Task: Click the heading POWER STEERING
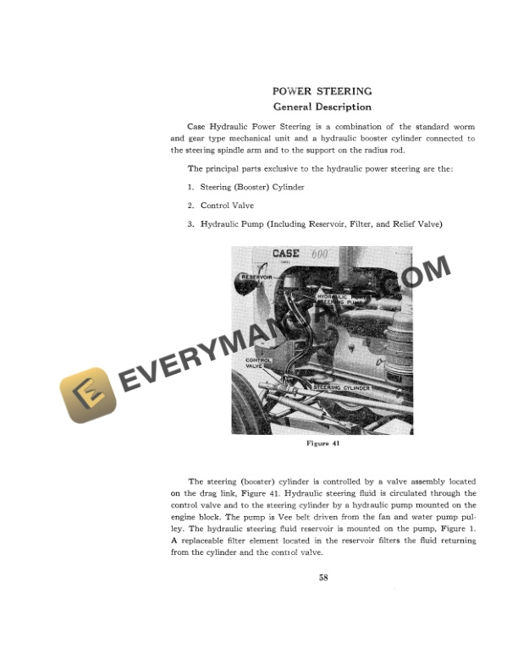pos(322,91)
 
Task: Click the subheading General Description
pos(322,107)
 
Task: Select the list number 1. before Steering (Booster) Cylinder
pos(191,187)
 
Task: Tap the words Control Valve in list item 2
pos(227,206)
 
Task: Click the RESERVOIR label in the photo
pos(256,277)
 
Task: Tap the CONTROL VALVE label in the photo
pos(258,363)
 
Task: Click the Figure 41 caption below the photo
pos(322,442)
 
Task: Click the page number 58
pos(322,578)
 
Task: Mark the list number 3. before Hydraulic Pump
pos(191,224)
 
